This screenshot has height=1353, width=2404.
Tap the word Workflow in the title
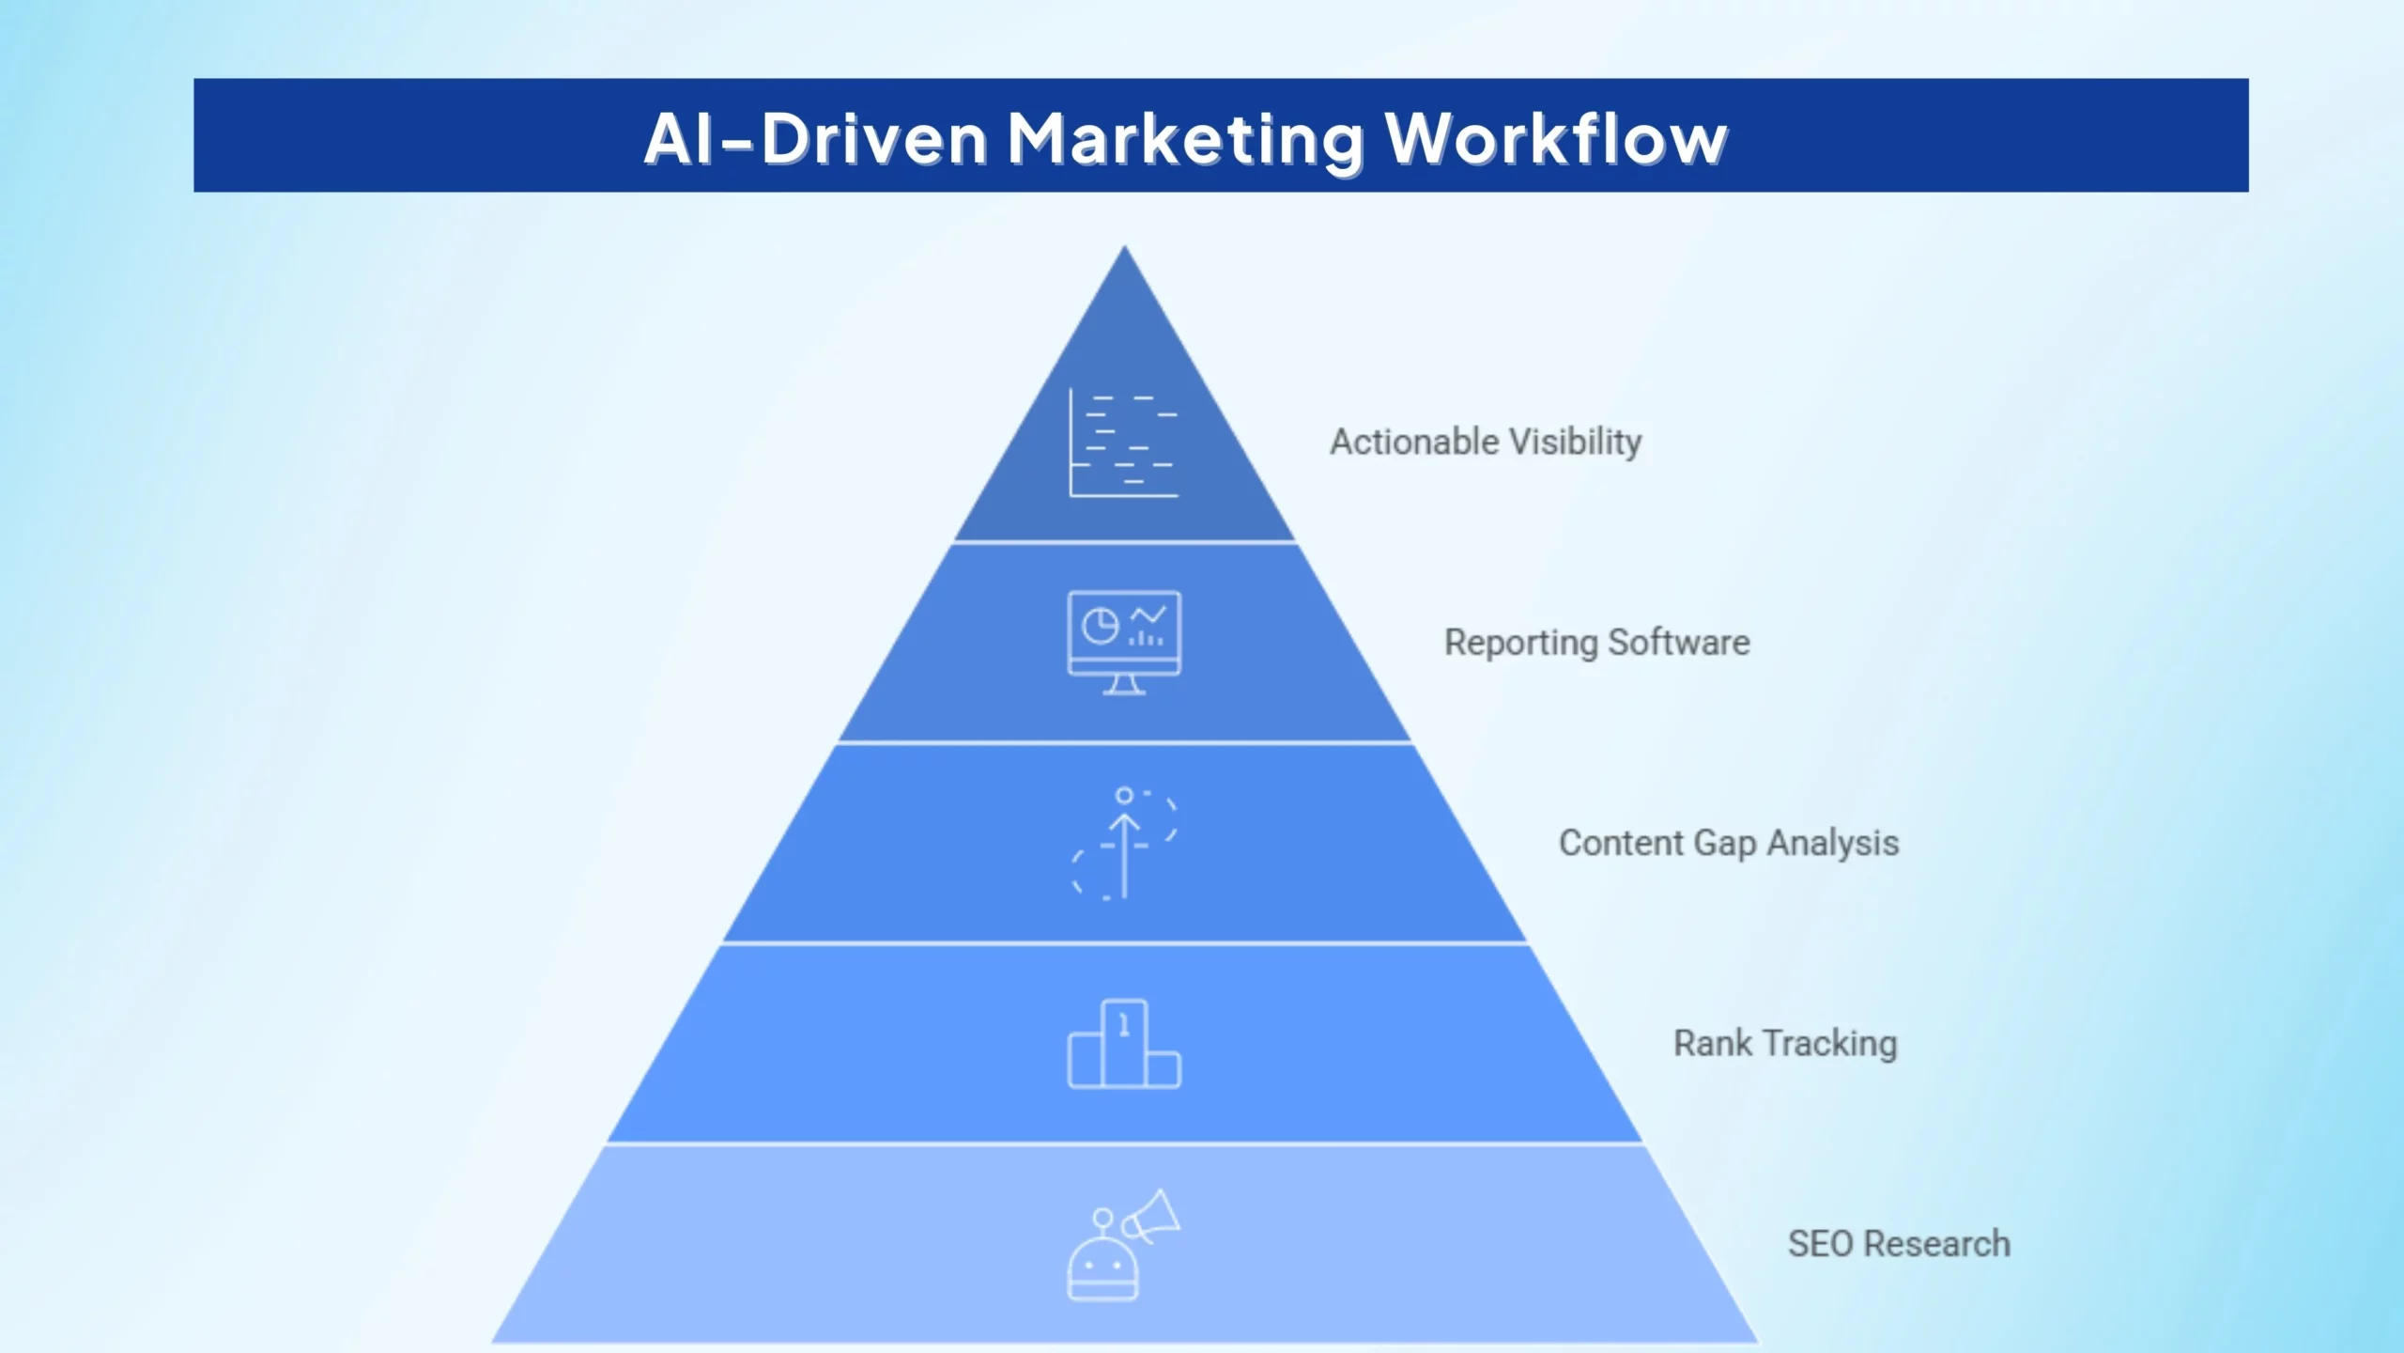pos(1556,139)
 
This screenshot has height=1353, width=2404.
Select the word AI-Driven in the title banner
pos(815,139)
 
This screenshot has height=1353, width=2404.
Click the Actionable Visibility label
pos(1486,442)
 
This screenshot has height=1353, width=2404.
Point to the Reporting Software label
pos(1596,643)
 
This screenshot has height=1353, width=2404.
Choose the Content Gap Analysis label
pos(1729,843)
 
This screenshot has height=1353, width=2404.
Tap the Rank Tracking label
pos(1785,1043)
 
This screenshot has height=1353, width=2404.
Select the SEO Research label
pos(1899,1243)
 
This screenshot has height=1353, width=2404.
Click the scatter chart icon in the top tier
pos(1123,443)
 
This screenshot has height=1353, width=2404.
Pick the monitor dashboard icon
pos(1124,643)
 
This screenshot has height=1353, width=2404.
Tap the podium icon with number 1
pos(1124,1044)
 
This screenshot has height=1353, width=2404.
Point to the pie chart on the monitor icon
pos(1100,626)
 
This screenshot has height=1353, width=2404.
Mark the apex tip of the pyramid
pos(1125,250)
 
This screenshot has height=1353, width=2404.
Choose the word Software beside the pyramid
pos(1679,643)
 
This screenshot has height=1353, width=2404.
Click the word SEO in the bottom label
pos(1821,1243)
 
